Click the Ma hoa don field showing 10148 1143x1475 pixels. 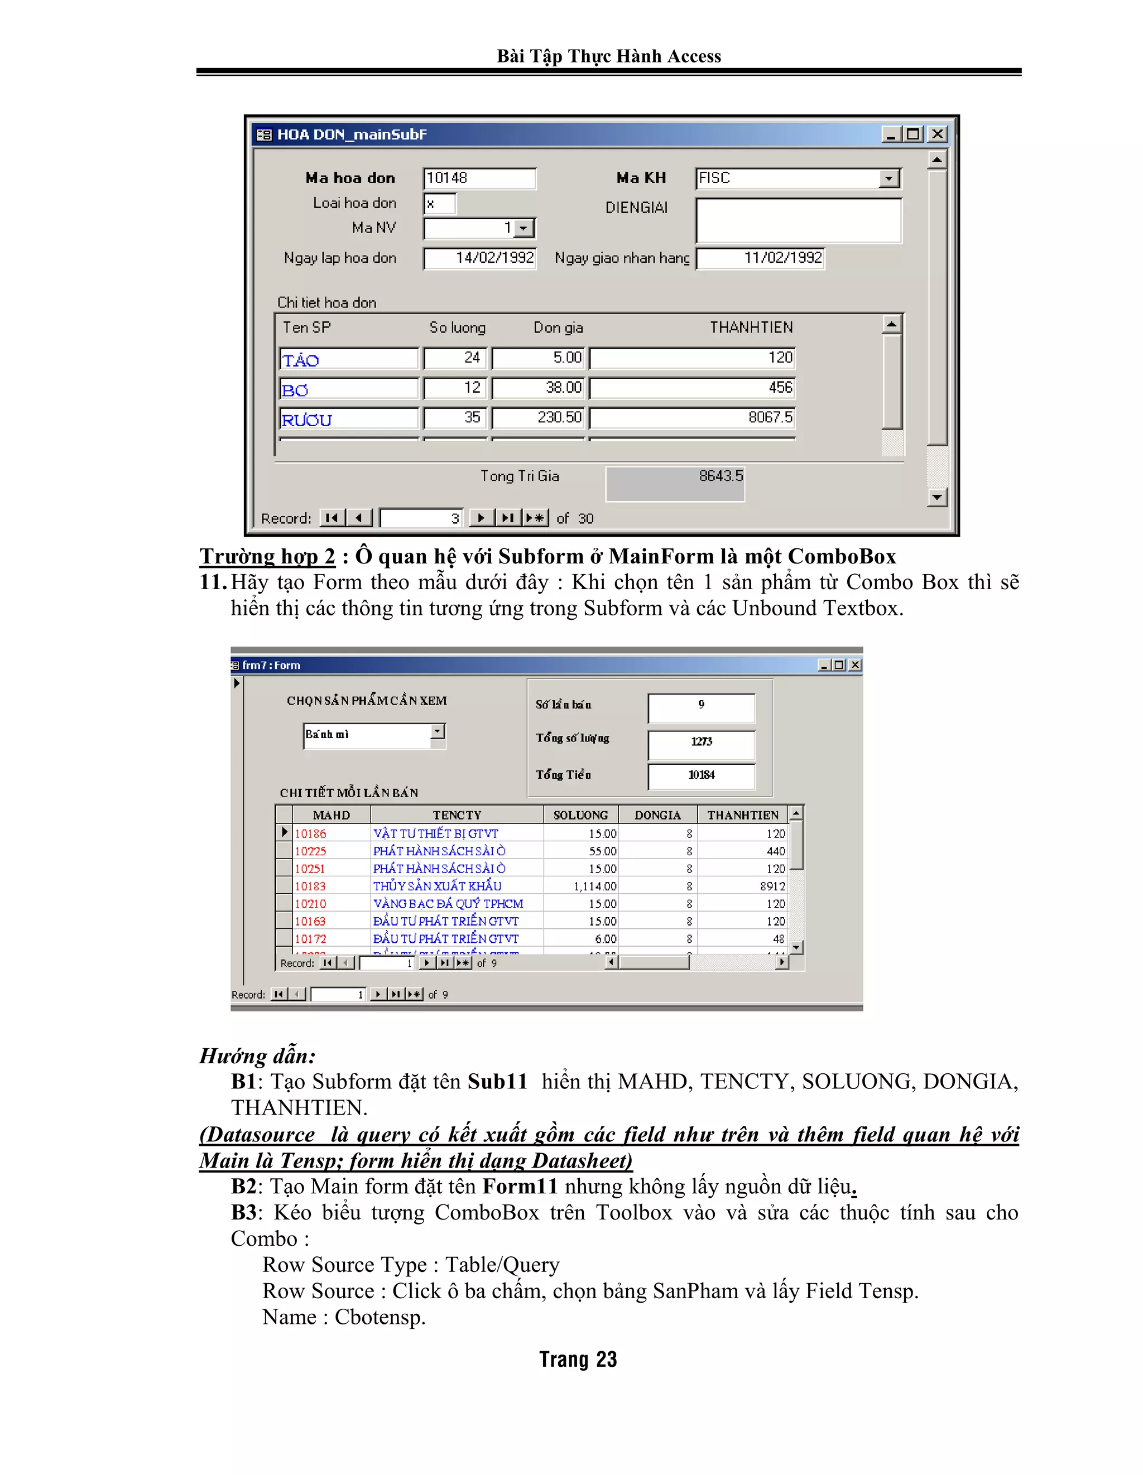pos(479,179)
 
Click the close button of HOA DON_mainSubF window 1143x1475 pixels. pos(937,134)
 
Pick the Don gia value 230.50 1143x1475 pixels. pos(539,417)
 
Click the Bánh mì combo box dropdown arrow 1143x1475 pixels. pos(438,731)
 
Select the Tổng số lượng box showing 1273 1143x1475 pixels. pos(701,742)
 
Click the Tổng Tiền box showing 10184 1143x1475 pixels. pos(701,775)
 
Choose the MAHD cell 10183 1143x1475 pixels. pos(311,886)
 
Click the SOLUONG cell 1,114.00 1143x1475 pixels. pos(581,886)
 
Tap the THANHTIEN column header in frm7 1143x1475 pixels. pos(742,815)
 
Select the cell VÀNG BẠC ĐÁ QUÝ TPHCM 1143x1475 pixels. pos(448,904)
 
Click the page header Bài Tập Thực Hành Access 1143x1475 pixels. pos(609,56)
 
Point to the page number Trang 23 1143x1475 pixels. pos(578,1360)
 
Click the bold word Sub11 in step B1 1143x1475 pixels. pos(497,1081)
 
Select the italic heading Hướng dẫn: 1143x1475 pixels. pos(257,1055)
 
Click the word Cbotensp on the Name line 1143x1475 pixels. pos(380,1317)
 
